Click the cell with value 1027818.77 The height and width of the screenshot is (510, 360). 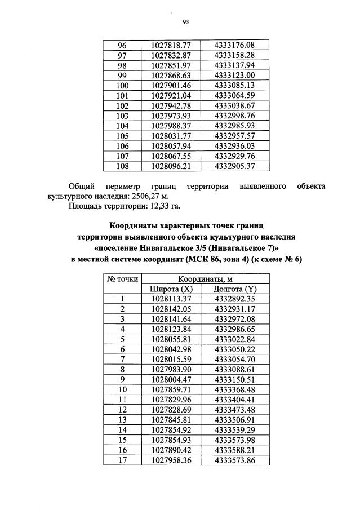(171, 45)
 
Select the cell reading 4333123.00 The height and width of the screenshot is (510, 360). (235, 76)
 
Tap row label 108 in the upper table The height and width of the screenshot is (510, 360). (122, 167)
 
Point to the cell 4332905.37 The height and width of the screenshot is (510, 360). (235, 167)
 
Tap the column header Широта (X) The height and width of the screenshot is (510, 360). (171, 289)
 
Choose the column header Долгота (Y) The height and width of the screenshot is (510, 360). (235, 289)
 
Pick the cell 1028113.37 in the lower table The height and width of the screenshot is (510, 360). (171, 299)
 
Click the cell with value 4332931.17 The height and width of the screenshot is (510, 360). (235, 309)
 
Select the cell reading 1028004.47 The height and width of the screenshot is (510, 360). (171, 379)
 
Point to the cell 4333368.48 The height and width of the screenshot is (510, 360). (235, 389)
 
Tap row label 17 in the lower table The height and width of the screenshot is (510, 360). (122, 460)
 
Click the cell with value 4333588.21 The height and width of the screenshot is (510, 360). (235, 450)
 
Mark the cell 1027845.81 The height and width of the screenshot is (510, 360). (171, 420)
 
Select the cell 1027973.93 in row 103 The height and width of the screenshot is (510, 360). (171, 116)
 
